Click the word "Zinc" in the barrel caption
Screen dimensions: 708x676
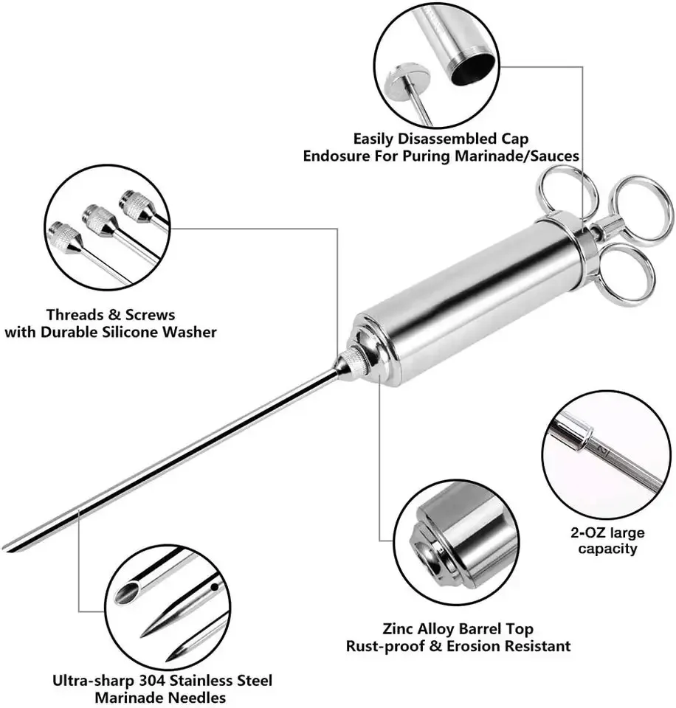399,629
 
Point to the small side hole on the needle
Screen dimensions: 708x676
213,588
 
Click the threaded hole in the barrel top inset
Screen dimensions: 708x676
427,552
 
